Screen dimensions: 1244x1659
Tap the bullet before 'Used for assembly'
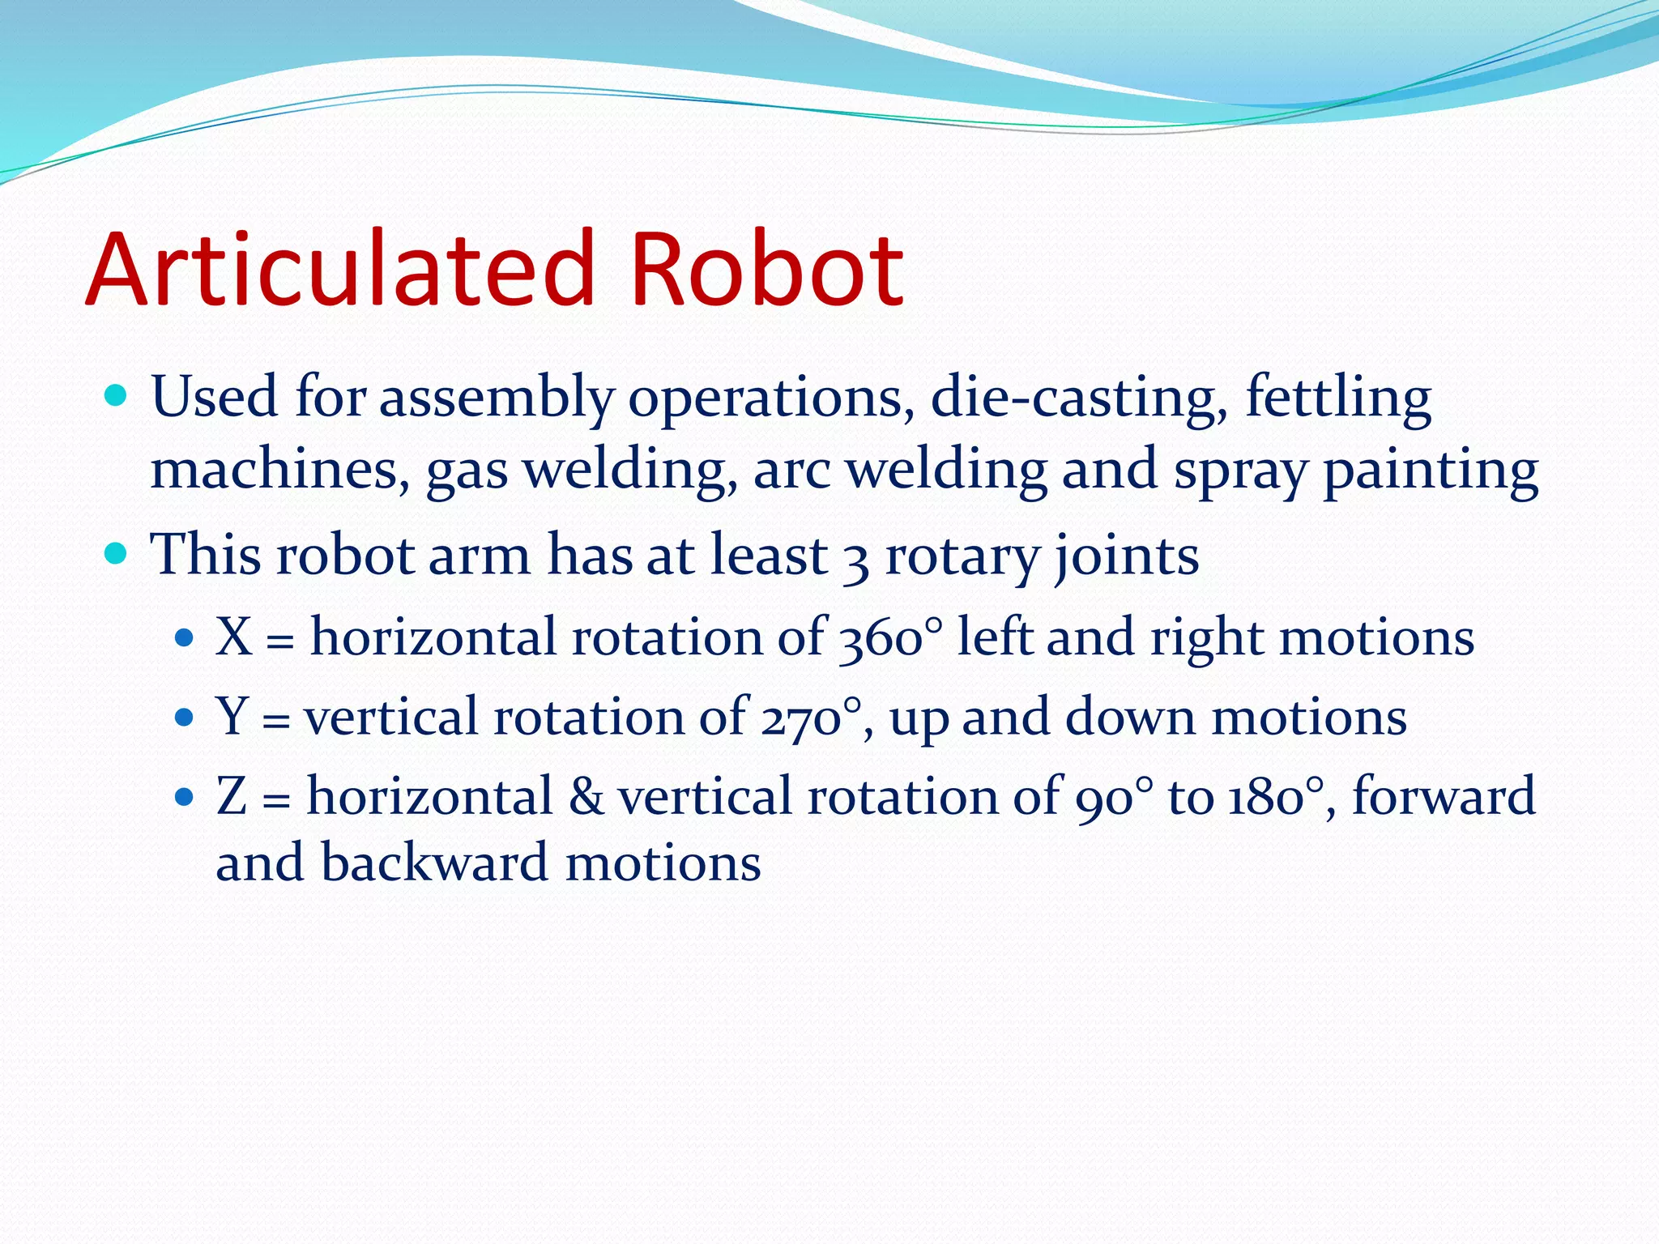(x=117, y=396)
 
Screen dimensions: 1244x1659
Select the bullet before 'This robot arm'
(x=117, y=554)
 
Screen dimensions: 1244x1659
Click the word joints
(x=1126, y=557)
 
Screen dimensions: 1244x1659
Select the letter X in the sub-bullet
(x=235, y=637)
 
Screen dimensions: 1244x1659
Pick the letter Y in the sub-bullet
(x=233, y=717)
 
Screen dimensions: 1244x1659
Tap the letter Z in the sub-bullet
(x=232, y=796)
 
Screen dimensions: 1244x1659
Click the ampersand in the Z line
(x=586, y=796)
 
